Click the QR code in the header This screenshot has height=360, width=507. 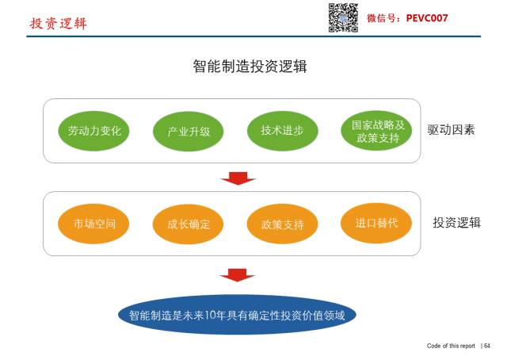tap(343, 17)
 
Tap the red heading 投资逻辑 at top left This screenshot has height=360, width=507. tap(58, 23)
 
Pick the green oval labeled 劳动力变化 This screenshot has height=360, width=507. tap(94, 131)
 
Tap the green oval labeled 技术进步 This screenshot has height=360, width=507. tap(282, 131)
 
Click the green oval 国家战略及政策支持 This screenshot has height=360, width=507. tap(378, 132)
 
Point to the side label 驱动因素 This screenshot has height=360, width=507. tap(451, 130)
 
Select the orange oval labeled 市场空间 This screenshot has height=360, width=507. tap(94, 224)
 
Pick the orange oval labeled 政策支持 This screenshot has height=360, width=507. tap(282, 224)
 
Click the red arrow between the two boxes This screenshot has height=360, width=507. tap(237, 178)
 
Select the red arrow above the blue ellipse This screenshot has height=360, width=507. tap(237, 275)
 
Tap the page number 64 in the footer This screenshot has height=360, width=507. tap(487, 346)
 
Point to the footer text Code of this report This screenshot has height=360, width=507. tap(451, 346)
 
